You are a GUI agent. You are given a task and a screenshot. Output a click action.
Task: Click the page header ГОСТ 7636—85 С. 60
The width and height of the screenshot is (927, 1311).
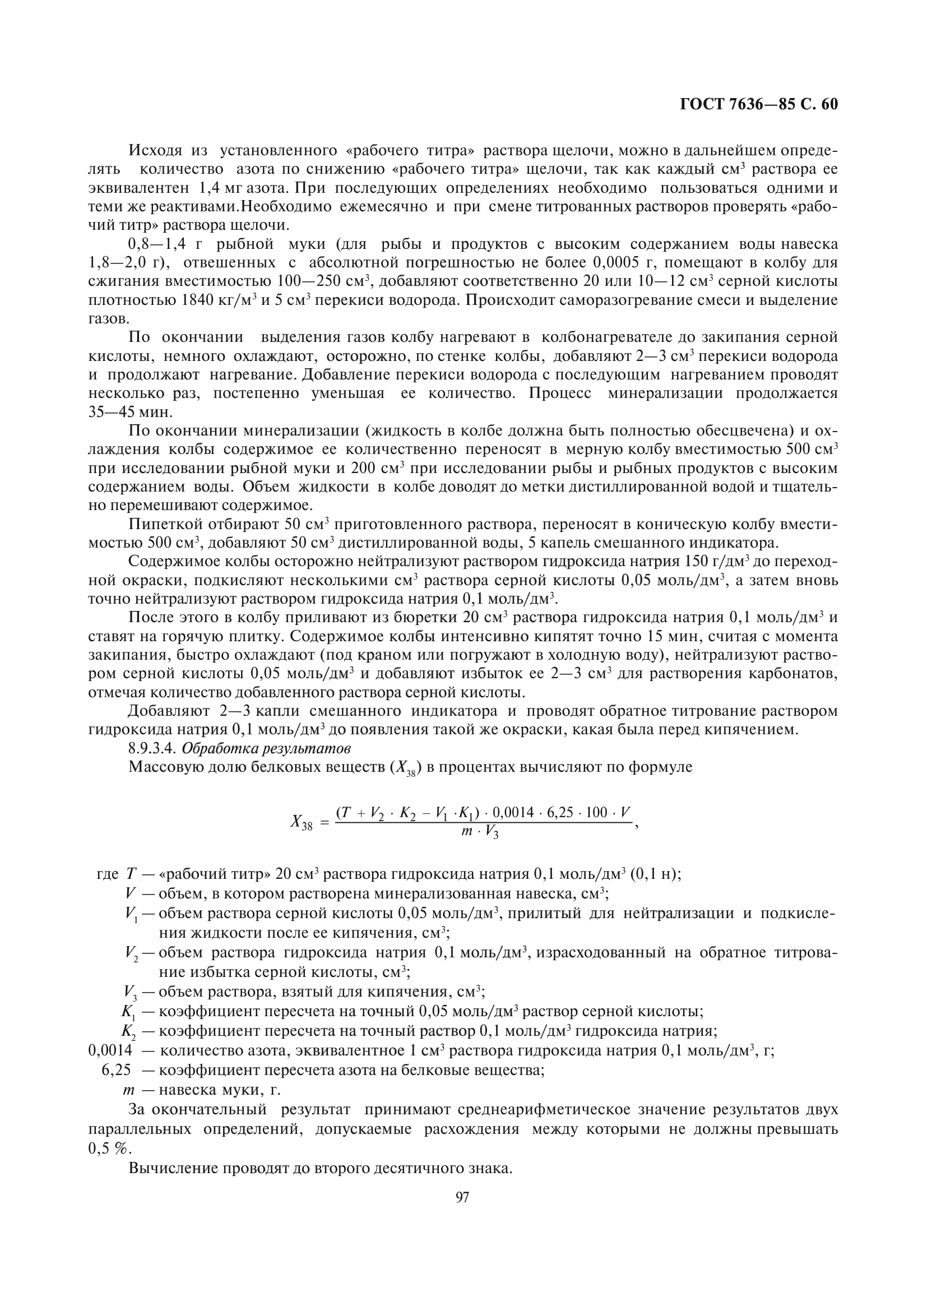point(759,104)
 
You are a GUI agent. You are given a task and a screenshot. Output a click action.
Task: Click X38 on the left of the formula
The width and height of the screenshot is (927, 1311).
point(302,822)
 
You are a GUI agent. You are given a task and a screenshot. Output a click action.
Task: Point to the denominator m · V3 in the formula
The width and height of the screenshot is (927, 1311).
point(480,833)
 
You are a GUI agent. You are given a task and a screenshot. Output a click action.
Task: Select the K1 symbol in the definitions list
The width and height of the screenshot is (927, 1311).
point(127,1011)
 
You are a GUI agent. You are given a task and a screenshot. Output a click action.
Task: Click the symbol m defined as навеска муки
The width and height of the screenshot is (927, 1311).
point(128,1090)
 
